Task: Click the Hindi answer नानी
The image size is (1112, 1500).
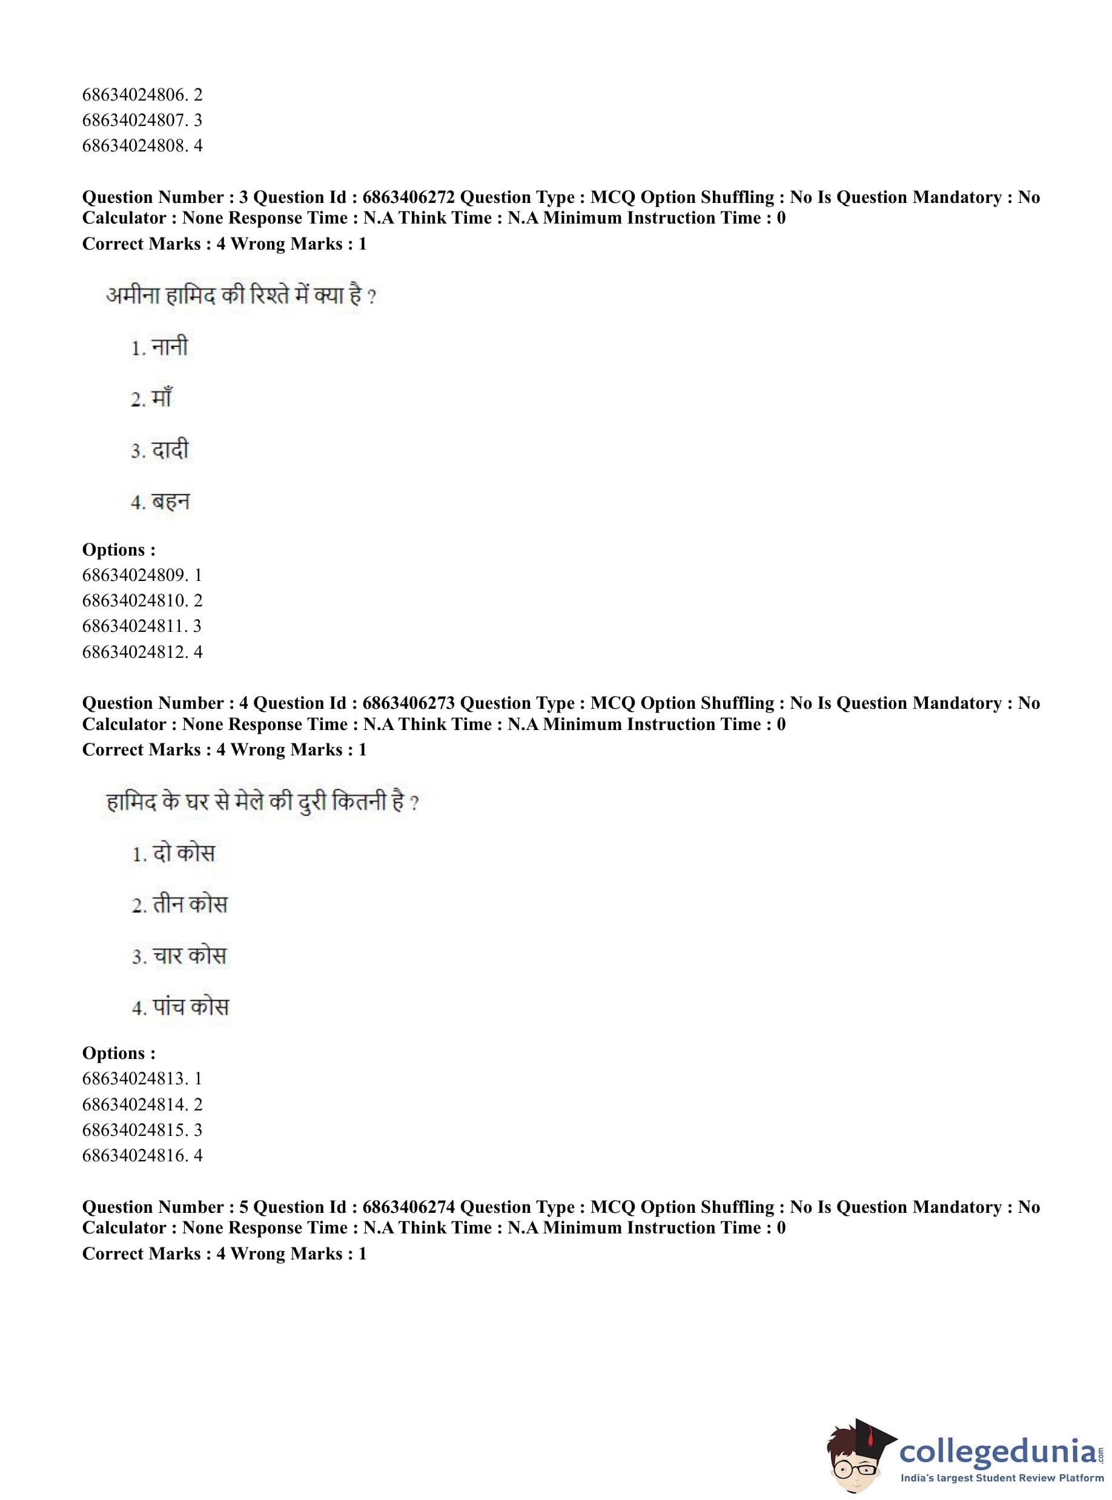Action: [x=169, y=347]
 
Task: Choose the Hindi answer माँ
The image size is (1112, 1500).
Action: [x=162, y=399]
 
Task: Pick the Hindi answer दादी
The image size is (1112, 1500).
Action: [x=170, y=450]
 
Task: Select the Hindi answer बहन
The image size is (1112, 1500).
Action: [x=170, y=502]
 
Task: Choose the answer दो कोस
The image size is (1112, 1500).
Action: [x=183, y=854]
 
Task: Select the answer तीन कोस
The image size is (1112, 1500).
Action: [x=190, y=905]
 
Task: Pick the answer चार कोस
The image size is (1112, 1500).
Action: [x=189, y=956]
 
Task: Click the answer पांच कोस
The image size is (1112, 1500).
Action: [x=191, y=1007]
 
